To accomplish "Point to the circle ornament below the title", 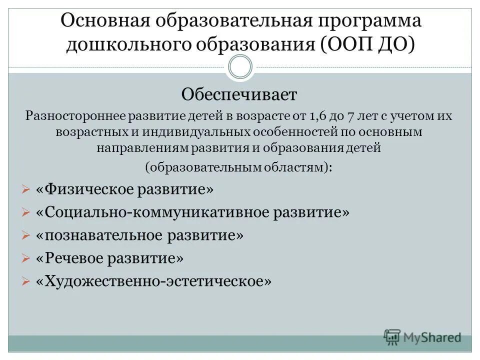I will pyautogui.click(x=240, y=67).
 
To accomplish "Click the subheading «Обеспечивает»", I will pyautogui.click(x=239, y=93).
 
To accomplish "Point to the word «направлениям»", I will pyautogui.click(x=140, y=148).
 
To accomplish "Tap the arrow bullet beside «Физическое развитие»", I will pyautogui.click(x=26, y=190).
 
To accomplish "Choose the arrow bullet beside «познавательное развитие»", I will pyautogui.click(x=26, y=235).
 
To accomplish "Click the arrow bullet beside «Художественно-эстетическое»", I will pyautogui.click(x=26, y=281).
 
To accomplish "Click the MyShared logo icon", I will pyautogui.click(x=392, y=336).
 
